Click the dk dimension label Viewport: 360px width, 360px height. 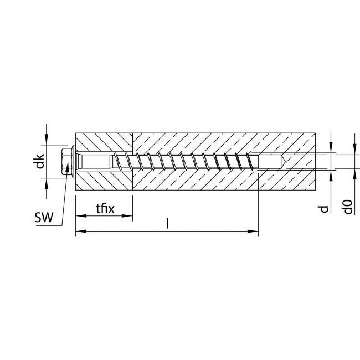click(x=40, y=161)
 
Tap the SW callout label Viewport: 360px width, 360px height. click(x=44, y=218)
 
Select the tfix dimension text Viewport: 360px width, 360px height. click(x=105, y=209)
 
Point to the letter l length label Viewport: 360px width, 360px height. click(x=168, y=224)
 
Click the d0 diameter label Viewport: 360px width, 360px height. click(x=348, y=207)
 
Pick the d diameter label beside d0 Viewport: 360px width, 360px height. click(x=325, y=209)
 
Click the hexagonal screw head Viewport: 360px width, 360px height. click(x=66, y=161)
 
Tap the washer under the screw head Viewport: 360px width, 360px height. click(x=74, y=161)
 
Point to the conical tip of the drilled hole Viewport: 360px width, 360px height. click(x=284, y=161)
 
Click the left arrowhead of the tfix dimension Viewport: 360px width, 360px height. click(x=81, y=216)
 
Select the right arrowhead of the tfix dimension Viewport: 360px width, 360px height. click(x=127, y=216)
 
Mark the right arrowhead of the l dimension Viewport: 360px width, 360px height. click(x=253, y=231)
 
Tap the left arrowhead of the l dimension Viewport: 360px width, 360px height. click(x=81, y=231)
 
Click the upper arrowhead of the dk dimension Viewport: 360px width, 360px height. click(x=47, y=140)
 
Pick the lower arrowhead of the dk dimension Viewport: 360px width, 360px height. click(x=47, y=183)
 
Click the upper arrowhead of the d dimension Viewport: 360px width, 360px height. click(x=331, y=147)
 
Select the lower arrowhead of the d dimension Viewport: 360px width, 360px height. click(x=331, y=176)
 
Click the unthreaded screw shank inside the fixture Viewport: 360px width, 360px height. click(x=96, y=161)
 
